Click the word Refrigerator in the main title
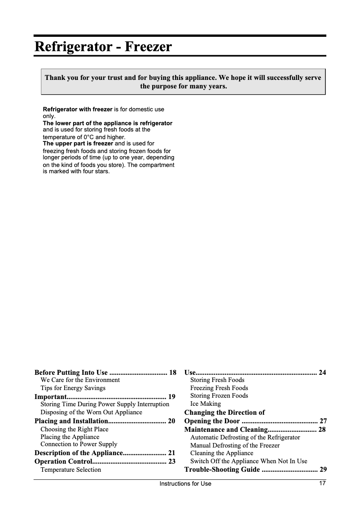(x=73, y=47)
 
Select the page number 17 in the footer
(x=322, y=483)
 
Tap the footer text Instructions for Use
(x=185, y=484)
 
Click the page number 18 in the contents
(x=172, y=373)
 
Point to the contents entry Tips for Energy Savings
(x=73, y=388)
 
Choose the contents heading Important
(x=51, y=397)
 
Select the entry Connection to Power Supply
(x=79, y=444)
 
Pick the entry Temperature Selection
(x=70, y=470)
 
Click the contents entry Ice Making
(x=206, y=404)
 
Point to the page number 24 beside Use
(x=322, y=373)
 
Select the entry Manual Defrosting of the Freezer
(x=235, y=445)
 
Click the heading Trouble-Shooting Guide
(x=222, y=470)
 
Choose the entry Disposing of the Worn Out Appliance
(x=91, y=412)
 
